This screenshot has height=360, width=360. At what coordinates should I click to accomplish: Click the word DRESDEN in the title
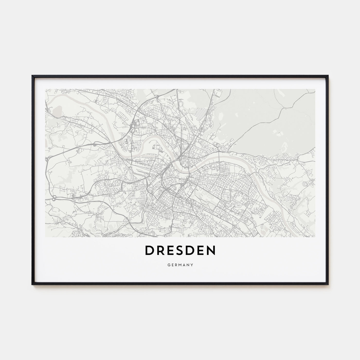180,251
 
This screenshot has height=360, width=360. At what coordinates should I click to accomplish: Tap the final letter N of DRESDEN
211,251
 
